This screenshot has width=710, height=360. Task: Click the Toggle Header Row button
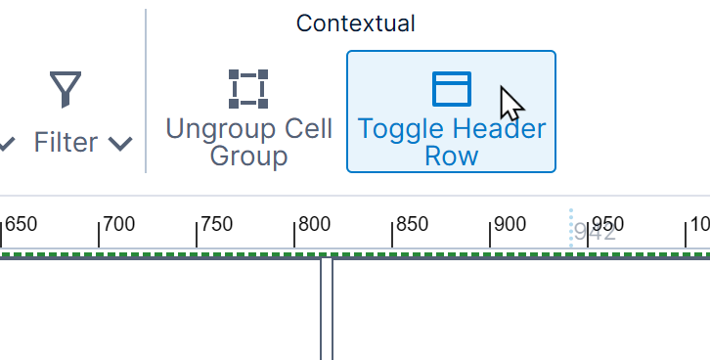click(451, 112)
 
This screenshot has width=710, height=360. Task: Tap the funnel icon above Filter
click(66, 89)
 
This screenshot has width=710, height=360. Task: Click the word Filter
click(66, 143)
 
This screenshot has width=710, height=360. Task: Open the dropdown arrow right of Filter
click(120, 144)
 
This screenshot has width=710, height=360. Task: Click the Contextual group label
click(355, 23)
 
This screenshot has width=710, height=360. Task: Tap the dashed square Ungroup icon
click(248, 88)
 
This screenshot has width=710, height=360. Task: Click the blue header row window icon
click(452, 88)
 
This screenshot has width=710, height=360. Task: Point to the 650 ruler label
click(22, 224)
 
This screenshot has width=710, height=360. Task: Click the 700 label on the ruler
click(118, 224)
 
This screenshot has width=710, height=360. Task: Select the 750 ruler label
click(216, 224)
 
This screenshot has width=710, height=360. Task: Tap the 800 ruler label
click(314, 224)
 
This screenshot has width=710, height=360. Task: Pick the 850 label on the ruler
click(412, 224)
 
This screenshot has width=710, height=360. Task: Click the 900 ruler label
click(510, 224)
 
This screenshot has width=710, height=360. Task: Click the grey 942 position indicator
click(595, 233)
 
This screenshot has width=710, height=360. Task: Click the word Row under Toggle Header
click(451, 157)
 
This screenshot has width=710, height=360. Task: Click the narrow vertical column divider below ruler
click(327, 308)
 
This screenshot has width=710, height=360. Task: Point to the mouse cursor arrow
click(510, 103)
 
